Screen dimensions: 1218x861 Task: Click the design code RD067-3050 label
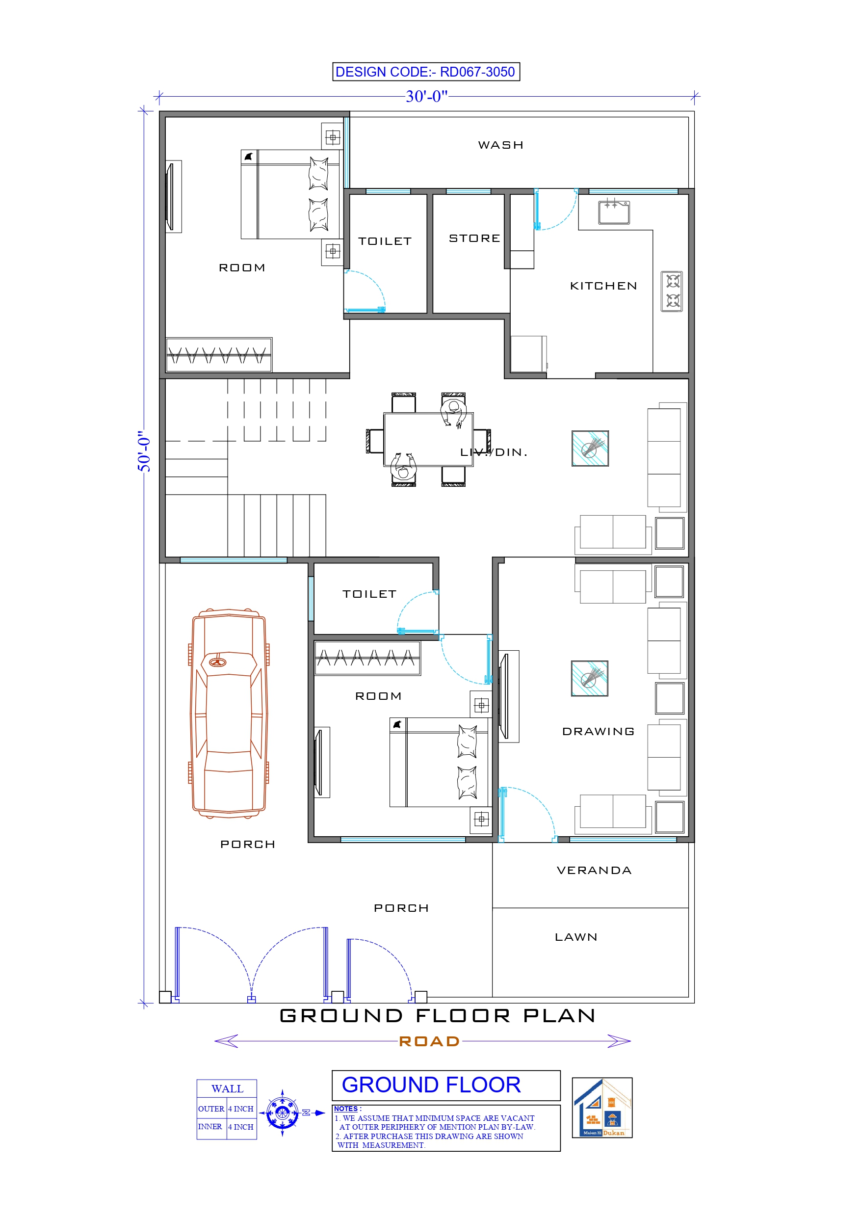pyautogui.click(x=425, y=72)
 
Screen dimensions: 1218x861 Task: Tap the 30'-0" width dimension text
pyautogui.click(x=426, y=97)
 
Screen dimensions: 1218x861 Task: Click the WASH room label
pyautogui.click(x=500, y=145)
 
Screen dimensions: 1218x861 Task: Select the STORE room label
pyautogui.click(x=474, y=238)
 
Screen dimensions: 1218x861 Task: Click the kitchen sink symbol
pyautogui.click(x=614, y=212)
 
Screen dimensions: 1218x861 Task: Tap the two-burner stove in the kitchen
pyautogui.click(x=672, y=291)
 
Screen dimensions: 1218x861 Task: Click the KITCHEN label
pyautogui.click(x=603, y=286)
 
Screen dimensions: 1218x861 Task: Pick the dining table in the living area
pyautogui.click(x=428, y=440)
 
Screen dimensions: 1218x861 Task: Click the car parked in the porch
pyautogui.click(x=229, y=714)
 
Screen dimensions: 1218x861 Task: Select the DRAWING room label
pyautogui.click(x=598, y=732)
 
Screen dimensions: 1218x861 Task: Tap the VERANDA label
pyautogui.click(x=594, y=871)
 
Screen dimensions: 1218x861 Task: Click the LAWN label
pyautogui.click(x=575, y=937)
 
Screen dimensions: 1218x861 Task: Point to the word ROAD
pyautogui.click(x=429, y=1041)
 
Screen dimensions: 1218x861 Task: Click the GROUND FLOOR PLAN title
pyautogui.click(x=437, y=1015)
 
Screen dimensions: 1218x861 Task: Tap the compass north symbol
pyautogui.click(x=283, y=1113)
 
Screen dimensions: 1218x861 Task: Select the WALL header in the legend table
pyautogui.click(x=227, y=1089)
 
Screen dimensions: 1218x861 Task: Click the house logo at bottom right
pyautogui.click(x=601, y=1108)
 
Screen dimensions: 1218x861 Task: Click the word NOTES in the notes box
pyautogui.click(x=346, y=1109)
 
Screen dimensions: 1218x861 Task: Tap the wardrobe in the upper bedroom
pyautogui.click(x=219, y=354)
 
